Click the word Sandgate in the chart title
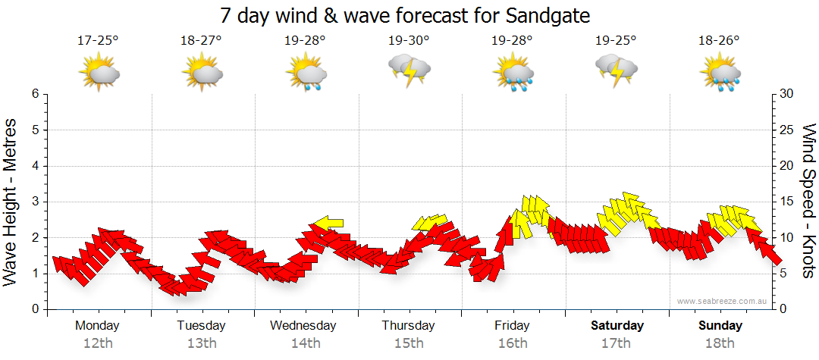click(x=544, y=15)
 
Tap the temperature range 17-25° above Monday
click(x=98, y=41)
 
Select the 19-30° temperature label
click(x=409, y=41)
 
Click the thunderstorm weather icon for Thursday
click(x=409, y=69)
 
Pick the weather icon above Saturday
click(x=617, y=69)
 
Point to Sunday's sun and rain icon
click(x=720, y=73)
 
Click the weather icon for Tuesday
click(x=202, y=73)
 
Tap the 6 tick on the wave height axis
click(x=35, y=94)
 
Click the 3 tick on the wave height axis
click(x=35, y=202)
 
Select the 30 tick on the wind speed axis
click(x=786, y=94)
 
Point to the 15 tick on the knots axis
click(x=786, y=202)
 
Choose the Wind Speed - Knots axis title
click(x=808, y=202)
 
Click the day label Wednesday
click(x=303, y=326)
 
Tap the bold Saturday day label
click(x=617, y=326)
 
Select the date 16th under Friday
click(x=513, y=343)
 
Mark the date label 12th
click(x=98, y=343)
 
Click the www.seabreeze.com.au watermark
click(x=723, y=301)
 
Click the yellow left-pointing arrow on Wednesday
click(x=328, y=223)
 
